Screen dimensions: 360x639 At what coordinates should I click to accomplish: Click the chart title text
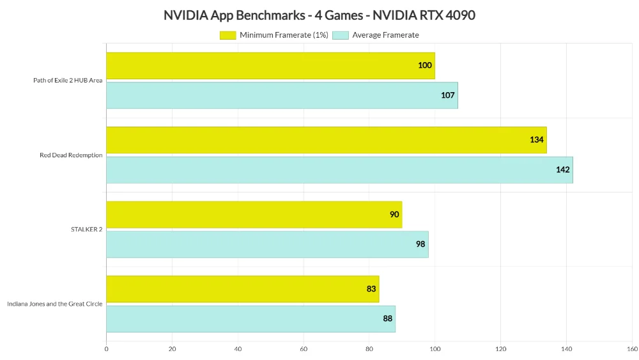coord(319,15)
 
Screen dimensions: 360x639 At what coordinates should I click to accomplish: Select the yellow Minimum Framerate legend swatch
coord(227,35)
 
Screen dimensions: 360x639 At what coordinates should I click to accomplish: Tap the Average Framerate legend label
coord(385,35)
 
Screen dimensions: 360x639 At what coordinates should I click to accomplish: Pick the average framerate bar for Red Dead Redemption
coord(339,170)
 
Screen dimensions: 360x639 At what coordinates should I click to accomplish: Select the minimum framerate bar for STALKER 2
coord(254,215)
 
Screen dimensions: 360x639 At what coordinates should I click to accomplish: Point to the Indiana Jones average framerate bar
coord(250,319)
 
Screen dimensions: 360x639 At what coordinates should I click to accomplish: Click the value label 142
coord(562,170)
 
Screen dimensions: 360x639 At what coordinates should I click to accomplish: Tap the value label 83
coord(371,289)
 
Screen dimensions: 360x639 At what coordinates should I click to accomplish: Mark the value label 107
coord(447,95)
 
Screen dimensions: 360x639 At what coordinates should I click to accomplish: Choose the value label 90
coord(394,215)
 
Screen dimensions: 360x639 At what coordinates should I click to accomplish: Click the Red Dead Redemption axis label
coord(71,155)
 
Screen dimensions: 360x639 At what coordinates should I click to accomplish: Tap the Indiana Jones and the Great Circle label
coord(55,304)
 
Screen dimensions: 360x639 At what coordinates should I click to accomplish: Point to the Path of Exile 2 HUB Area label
coord(68,81)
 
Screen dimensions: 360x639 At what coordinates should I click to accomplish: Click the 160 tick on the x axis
coord(632,349)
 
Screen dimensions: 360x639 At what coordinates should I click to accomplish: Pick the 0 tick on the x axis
coord(106,349)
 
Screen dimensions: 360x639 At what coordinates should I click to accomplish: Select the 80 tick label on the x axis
coord(369,349)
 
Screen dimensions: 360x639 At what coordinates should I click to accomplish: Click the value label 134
coord(536,140)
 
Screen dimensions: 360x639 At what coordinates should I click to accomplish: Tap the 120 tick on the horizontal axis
coord(500,349)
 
